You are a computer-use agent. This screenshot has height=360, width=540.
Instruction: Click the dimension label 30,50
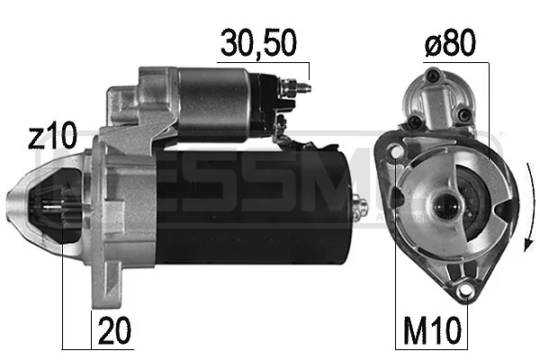click(258, 42)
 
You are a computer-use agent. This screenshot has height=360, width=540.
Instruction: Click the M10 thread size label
click(433, 332)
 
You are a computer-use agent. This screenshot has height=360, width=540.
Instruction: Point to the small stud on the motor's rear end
click(364, 206)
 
